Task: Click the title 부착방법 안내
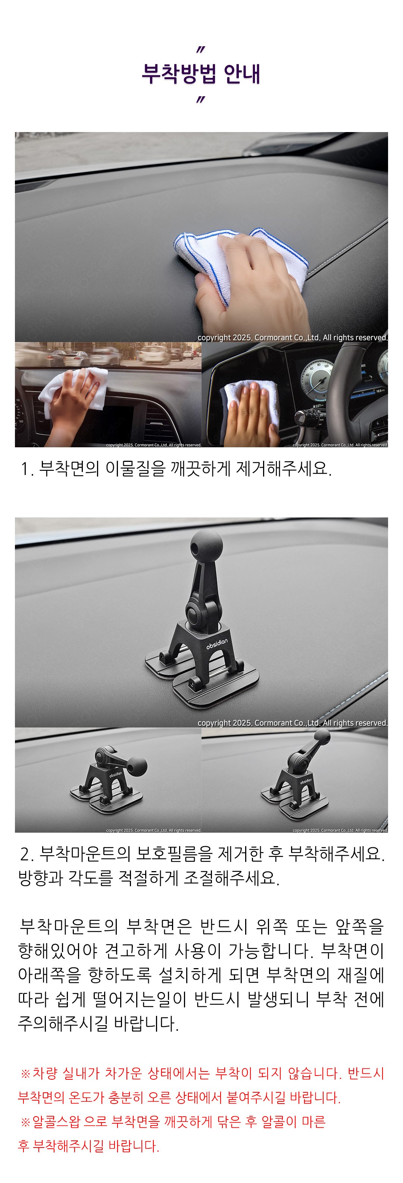click(x=201, y=73)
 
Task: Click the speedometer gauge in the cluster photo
click(x=315, y=378)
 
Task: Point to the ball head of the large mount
click(x=207, y=543)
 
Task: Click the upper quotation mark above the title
click(x=200, y=50)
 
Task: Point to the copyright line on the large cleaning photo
click(x=292, y=338)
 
